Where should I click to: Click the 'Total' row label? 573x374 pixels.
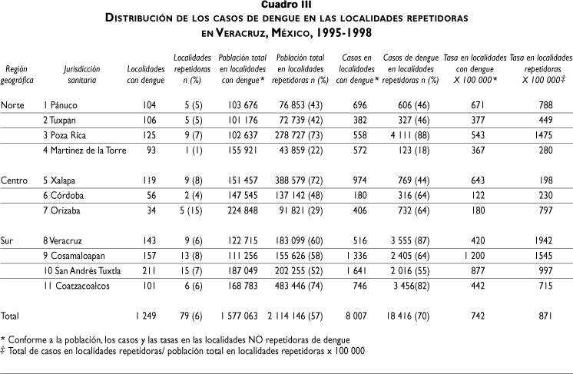click(12, 316)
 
